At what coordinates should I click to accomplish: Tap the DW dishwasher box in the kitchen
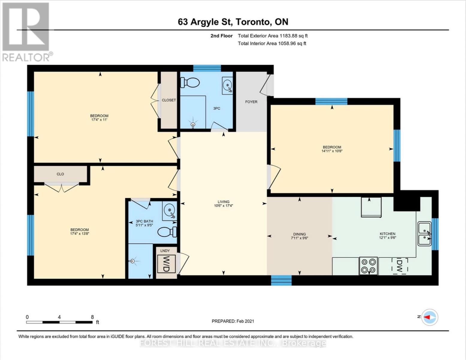399,265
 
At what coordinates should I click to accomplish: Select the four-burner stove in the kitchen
369,266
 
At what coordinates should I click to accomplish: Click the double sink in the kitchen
425,234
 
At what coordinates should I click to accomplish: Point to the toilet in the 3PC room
190,82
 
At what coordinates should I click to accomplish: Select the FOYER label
251,102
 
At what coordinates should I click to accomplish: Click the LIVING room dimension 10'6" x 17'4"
224,206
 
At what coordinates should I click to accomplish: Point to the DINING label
299,234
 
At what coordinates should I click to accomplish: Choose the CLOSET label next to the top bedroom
169,100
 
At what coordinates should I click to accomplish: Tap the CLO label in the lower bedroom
60,174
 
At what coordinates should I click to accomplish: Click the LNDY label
165,250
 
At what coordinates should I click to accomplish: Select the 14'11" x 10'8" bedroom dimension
332,151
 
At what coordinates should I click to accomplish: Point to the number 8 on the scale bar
92,317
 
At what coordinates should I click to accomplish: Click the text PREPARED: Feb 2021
233,321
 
